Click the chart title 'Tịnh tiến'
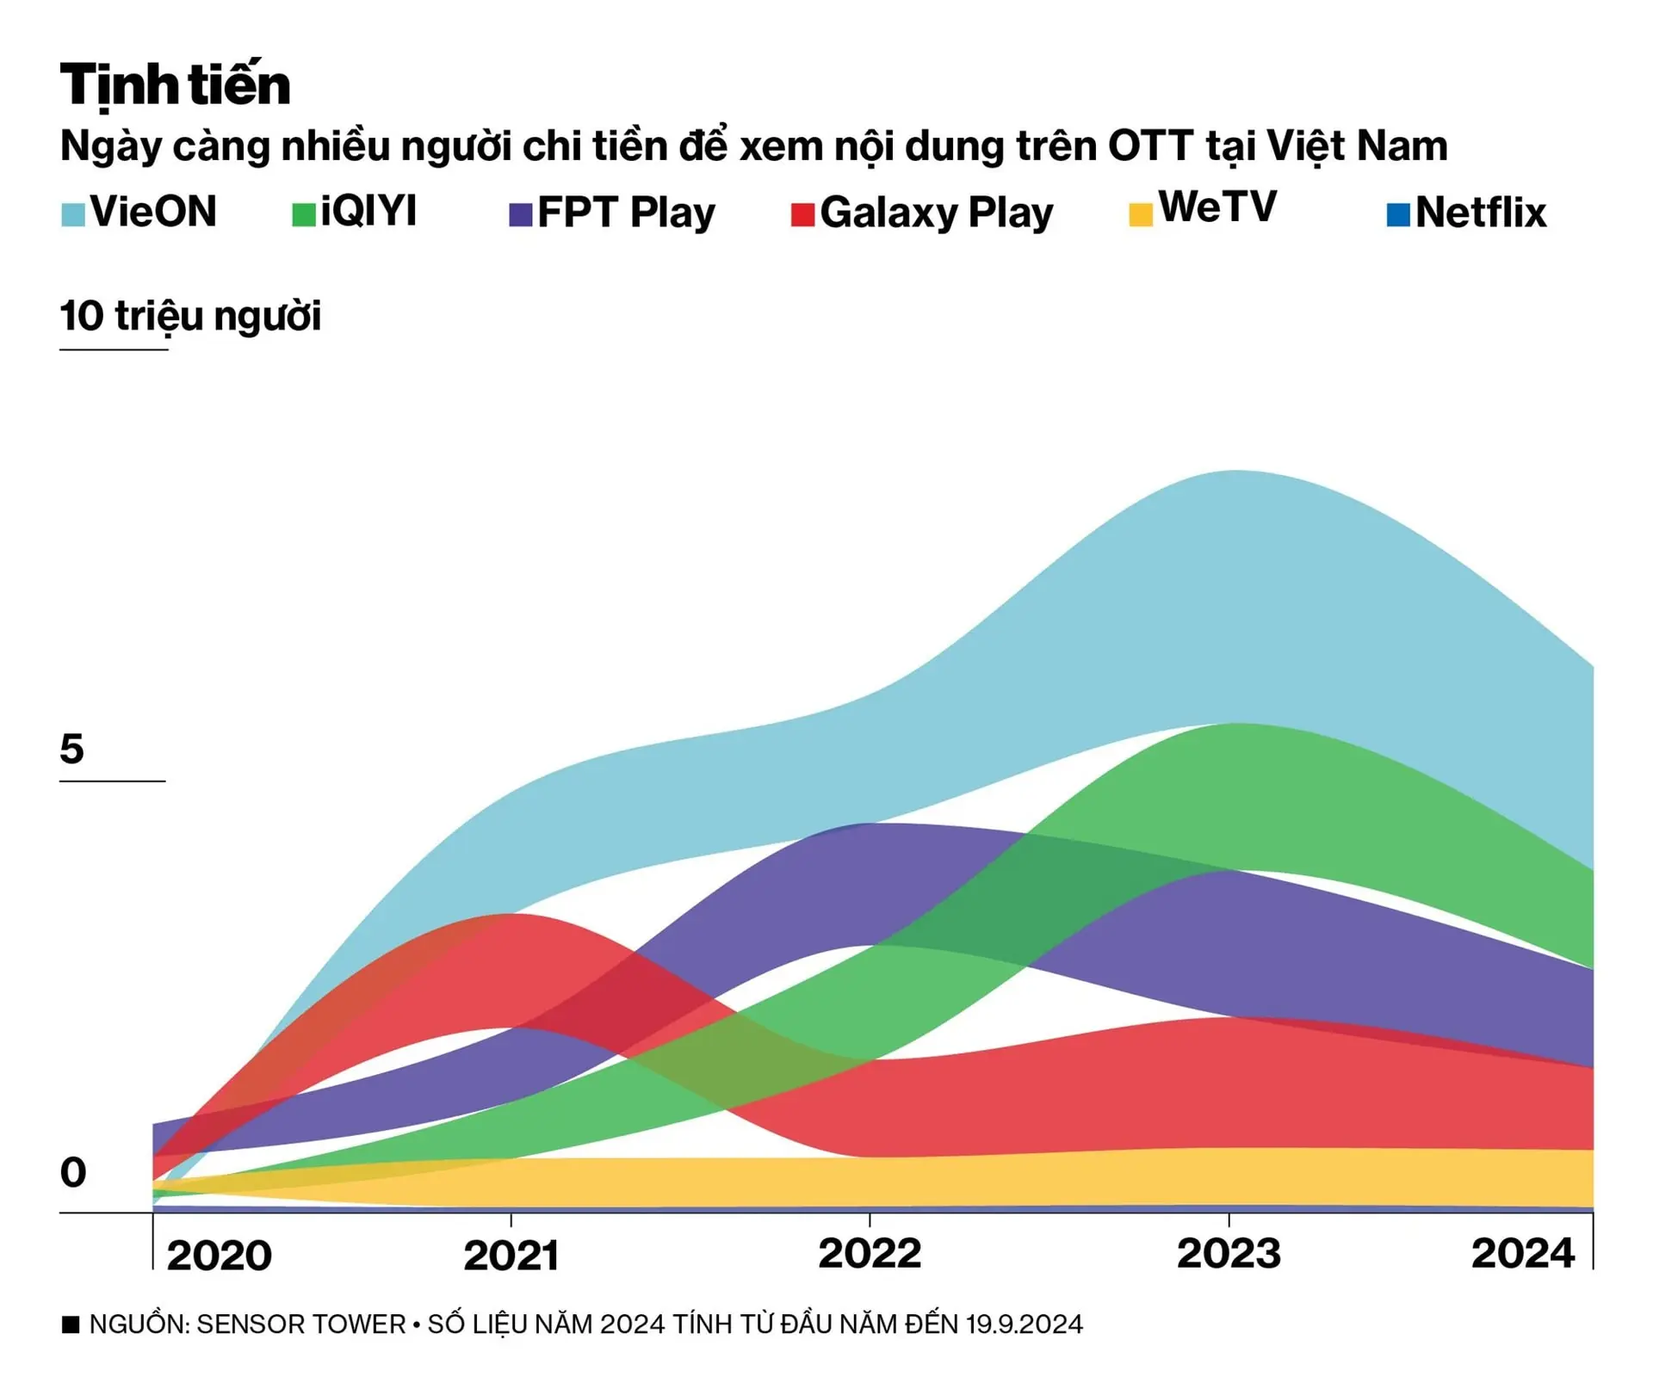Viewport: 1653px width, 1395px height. (176, 84)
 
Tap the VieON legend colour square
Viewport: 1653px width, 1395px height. (73, 213)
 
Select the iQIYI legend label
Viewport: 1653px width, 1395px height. (368, 211)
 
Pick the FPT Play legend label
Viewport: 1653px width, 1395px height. (626, 213)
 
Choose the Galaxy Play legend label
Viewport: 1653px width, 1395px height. (936, 213)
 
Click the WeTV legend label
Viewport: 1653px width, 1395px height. (1217, 207)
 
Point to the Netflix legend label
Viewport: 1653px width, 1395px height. (1481, 213)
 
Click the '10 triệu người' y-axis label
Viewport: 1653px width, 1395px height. (190, 316)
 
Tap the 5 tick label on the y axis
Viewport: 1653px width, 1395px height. (72, 749)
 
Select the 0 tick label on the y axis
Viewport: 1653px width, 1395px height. (73, 1172)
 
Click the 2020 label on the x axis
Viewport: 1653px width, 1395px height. (219, 1256)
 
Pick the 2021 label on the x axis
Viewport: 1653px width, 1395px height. (511, 1256)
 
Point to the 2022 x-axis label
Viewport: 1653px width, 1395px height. (870, 1253)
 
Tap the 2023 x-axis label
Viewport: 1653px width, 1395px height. (1229, 1253)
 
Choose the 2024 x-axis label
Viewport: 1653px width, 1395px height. (1522, 1253)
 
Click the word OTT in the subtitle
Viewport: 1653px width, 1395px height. (1150, 146)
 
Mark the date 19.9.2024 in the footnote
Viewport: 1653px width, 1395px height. (1024, 1324)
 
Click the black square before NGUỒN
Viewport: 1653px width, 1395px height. (71, 1324)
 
